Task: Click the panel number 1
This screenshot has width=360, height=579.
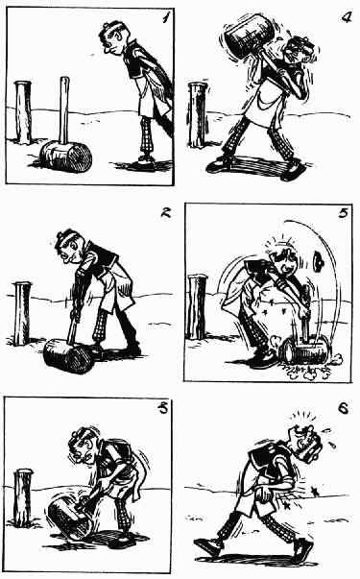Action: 166,16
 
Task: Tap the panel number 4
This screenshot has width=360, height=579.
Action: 347,16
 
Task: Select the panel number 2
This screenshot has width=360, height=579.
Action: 165,212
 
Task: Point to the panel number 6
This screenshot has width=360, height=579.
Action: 343,408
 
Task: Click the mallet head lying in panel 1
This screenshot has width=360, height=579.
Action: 65,157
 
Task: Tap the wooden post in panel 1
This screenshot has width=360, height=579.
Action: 23,112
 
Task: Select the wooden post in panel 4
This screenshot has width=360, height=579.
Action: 198,115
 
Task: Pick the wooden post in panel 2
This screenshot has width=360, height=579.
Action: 22,313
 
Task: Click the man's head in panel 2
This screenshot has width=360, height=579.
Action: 70,247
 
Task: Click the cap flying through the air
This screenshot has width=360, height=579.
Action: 319,259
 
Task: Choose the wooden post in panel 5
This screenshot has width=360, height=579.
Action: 197,307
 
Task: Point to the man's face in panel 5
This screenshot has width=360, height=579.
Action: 286,265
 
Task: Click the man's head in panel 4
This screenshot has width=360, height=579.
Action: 300,53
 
